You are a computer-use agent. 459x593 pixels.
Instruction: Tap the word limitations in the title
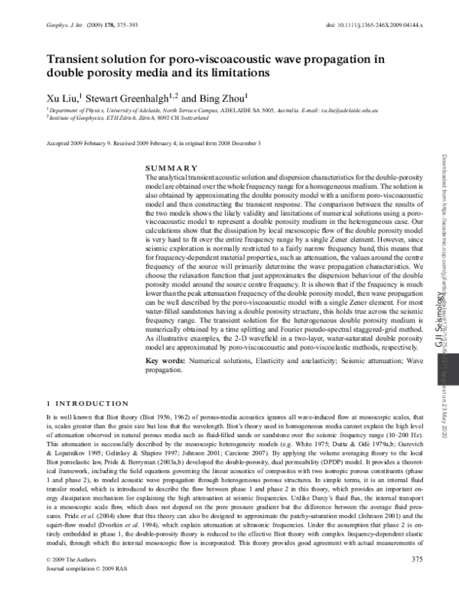[x=232, y=73]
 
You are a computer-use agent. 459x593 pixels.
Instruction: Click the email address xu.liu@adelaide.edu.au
[x=343, y=110]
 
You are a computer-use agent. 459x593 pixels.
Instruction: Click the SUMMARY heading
[x=171, y=168]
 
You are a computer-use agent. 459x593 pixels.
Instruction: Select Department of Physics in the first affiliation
[x=73, y=110]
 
